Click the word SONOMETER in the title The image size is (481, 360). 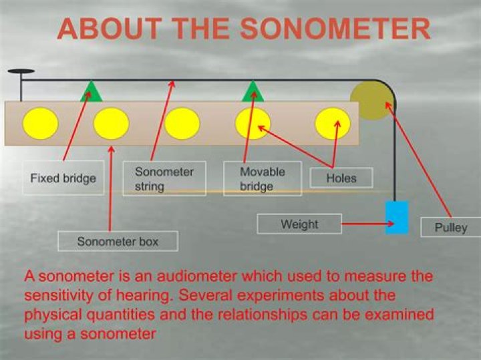(335, 29)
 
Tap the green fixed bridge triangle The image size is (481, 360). (92, 92)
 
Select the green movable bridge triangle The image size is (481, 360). (253, 92)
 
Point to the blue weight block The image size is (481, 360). (397, 217)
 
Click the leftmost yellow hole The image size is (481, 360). (40, 124)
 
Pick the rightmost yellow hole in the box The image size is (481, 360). (333, 124)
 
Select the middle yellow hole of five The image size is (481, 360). (182, 124)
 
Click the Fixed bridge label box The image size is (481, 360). (63, 178)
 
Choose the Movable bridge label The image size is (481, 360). (262, 178)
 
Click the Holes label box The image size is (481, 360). (341, 178)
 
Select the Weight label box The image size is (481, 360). (299, 224)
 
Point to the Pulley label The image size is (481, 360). (451, 227)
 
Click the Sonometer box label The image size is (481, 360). (118, 241)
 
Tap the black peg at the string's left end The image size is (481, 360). (21, 71)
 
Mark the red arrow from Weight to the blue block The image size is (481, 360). (367, 225)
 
